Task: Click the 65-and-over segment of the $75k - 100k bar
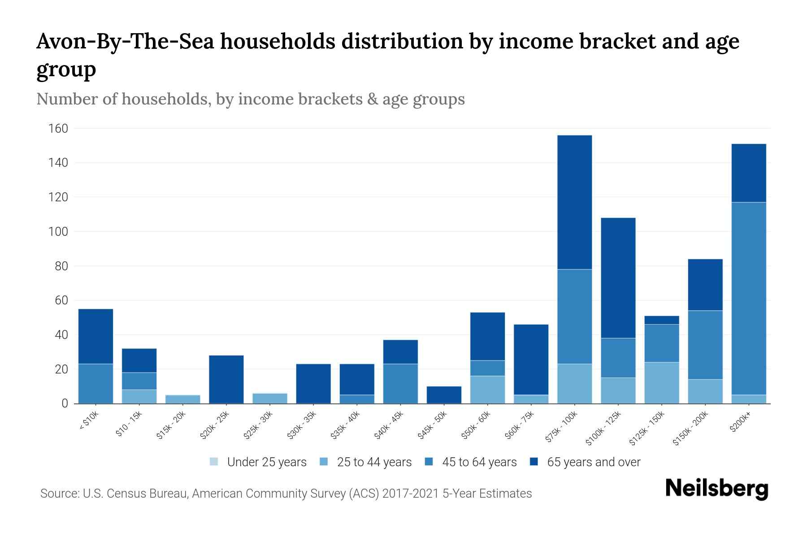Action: (x=574, y=202)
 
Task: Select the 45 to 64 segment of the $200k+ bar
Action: (x=748, y=298)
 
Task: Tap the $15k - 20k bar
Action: (x=182, y=399)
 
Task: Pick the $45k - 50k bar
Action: (x=444, y=395)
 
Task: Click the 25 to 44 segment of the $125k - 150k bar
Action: (x=661, y=382)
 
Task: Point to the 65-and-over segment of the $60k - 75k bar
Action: (x=531, y=359)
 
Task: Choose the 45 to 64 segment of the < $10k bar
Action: (x=95, y=383)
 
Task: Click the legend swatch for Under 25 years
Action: (x=214, y=462)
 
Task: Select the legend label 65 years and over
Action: (x=594, y=462)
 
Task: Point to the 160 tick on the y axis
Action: (x=58, y=129)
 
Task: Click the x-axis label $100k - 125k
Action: (x=603, y=428)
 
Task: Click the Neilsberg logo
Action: (x=716, y=489)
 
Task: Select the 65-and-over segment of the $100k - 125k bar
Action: (x=618, y=278)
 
